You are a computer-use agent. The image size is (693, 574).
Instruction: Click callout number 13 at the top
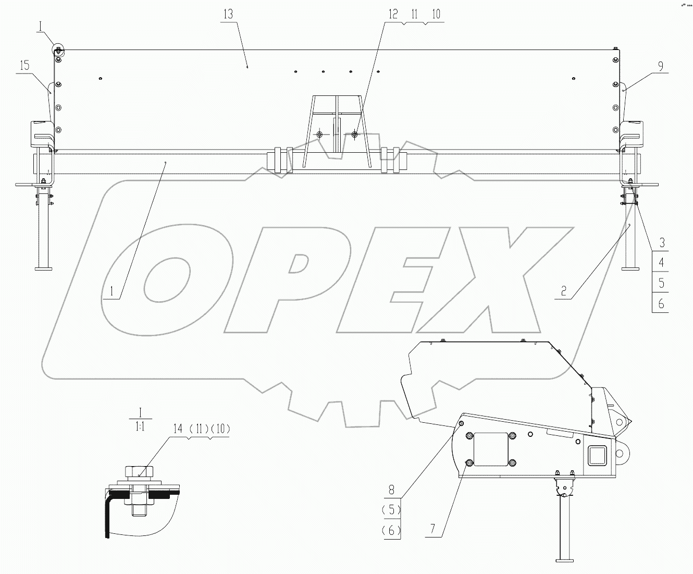[228, 14]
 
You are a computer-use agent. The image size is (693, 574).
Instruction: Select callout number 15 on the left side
[23, 66]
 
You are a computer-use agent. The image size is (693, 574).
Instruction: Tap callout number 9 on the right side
[661, 66]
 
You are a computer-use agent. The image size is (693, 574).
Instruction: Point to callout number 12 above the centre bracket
[392, 14]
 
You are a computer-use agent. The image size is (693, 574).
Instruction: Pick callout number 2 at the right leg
[563, 291]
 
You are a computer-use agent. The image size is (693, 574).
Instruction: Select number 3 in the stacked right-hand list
[662, 243]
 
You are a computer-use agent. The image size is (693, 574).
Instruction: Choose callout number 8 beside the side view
[391, 490]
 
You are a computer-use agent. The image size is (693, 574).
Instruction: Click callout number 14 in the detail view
[178, 429]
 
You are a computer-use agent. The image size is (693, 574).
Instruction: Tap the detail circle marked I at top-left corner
[57, 50]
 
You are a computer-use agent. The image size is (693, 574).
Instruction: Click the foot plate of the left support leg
[43, 269]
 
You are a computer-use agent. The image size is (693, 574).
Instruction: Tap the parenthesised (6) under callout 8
[391, 530]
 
